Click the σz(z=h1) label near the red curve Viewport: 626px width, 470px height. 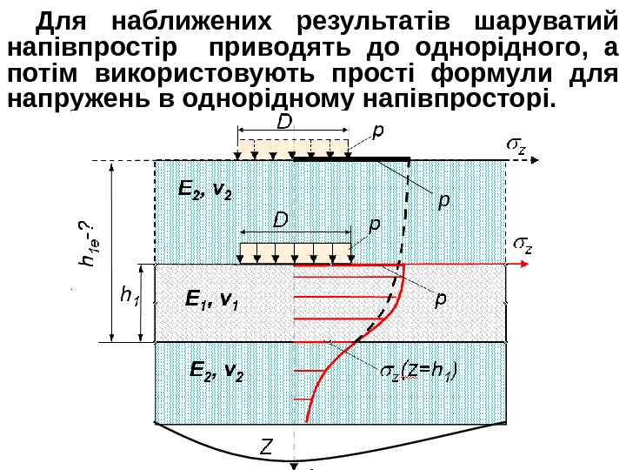[419, 373]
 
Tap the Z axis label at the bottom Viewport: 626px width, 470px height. [267, 447]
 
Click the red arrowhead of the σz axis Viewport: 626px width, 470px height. [525, 263]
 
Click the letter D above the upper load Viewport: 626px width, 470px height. [283, 124]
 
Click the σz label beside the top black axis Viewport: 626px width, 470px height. [516, 142]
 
